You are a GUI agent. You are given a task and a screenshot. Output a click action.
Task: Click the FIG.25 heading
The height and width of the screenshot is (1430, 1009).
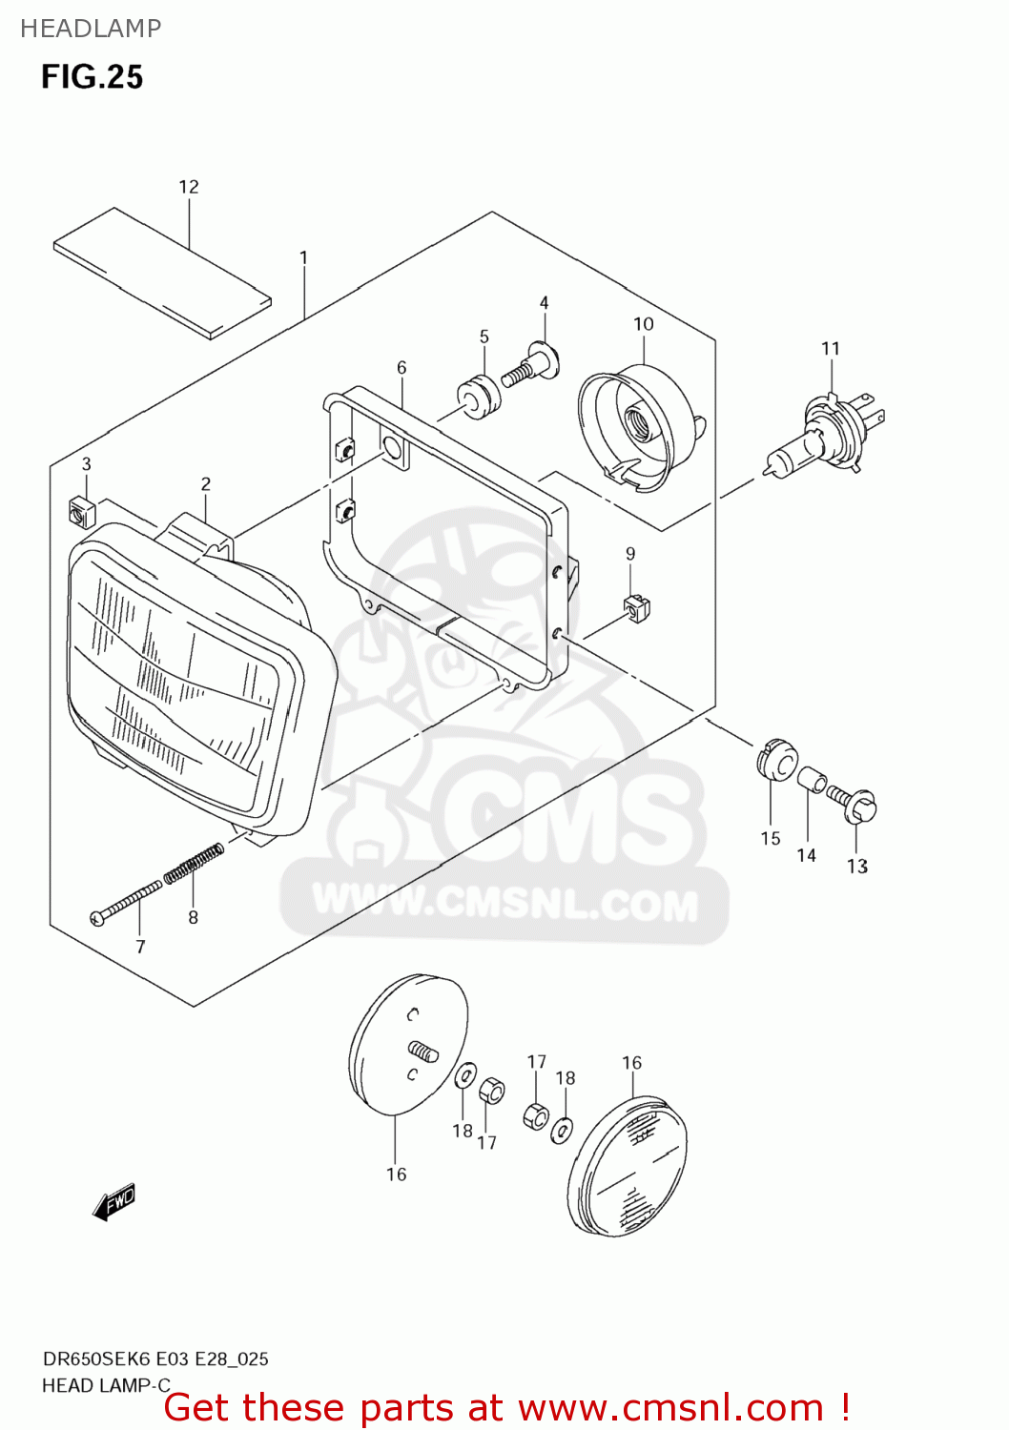click(92, 77)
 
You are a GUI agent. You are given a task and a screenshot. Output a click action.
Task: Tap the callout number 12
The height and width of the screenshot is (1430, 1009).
click(189, 187)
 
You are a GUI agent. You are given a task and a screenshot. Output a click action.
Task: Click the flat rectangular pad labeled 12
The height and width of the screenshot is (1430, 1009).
click(162, 273)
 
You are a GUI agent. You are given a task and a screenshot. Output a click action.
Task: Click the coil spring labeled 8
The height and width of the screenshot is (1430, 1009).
click(194, 865)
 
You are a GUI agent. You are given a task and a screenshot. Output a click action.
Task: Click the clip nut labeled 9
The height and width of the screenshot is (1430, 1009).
click(637, 605)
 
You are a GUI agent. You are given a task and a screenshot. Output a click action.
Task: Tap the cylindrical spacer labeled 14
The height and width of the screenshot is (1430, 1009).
click(811, 780)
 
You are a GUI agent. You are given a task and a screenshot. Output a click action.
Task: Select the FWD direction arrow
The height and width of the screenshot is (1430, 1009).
click(114, 1203)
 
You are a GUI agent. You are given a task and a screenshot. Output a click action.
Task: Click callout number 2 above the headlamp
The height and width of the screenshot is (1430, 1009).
click(206, 484)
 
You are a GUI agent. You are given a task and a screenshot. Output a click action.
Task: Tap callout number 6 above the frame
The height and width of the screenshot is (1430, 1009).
click(402, 367)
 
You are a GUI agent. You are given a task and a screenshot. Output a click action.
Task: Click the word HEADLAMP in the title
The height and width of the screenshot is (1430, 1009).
click(91, 29)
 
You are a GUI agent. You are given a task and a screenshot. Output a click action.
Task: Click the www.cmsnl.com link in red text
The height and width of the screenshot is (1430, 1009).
click(670, 1407)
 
